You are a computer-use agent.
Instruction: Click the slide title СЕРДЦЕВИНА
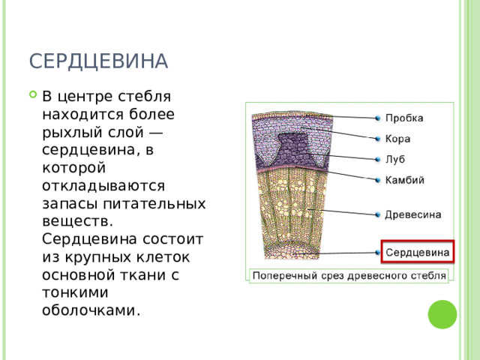[98, 61]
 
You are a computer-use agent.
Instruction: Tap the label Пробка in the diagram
[404, 118]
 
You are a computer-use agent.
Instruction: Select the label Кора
[397, 139]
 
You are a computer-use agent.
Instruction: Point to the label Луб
[395, 159]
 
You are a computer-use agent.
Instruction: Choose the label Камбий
[405, 180]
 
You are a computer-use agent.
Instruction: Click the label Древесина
[413, 214]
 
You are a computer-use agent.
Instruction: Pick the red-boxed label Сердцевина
[418, 252]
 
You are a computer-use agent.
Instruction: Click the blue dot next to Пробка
[378, 118]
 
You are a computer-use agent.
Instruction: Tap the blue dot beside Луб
[378, 159]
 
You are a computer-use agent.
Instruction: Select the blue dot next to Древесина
[378, 214]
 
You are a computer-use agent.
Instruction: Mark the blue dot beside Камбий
[378, 180]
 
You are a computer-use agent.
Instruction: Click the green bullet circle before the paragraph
[33, 94]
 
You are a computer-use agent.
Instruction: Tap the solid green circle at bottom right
[442, 314]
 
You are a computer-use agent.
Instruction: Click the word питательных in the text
[154, 204]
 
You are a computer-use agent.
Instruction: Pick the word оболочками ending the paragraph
[91, 310]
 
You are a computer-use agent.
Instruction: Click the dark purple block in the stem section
[292, 149]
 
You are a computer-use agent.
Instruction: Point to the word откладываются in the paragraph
[103, 186]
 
